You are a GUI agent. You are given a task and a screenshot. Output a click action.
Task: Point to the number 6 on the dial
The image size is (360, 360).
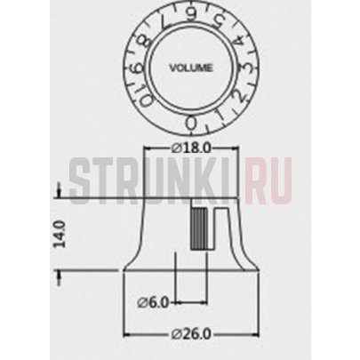pyautogui.click(x=190, y=14)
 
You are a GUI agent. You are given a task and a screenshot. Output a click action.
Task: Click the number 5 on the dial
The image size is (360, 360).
pyautogui.click(x=219, y=24)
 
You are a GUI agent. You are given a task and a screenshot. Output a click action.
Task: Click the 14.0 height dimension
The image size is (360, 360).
pyautogui.click(x=59, y=234)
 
